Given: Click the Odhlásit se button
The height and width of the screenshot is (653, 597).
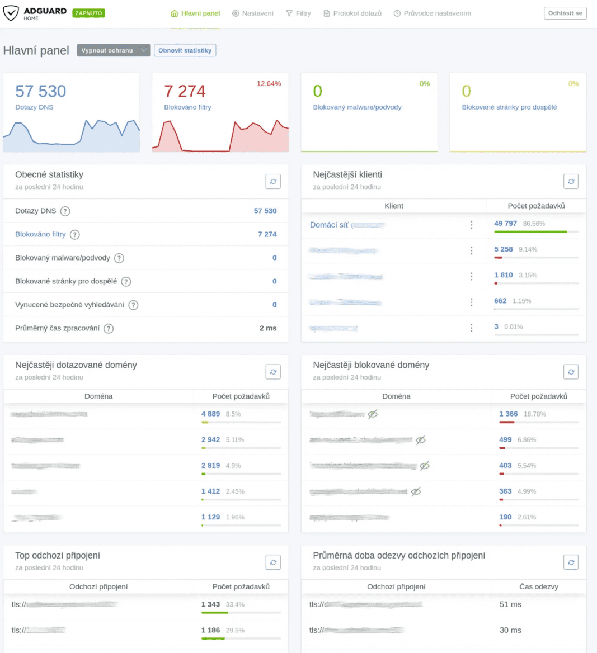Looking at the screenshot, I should pos(565,13).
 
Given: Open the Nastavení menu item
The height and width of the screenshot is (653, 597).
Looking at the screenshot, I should pos(253,13).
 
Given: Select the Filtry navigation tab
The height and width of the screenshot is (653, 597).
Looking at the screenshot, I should pos(298,13).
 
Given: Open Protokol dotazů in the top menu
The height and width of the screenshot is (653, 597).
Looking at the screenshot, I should pos(352,13).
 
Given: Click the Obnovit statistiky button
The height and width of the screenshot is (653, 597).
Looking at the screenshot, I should pos(185,50).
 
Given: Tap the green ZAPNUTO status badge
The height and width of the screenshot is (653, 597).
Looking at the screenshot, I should pos(88,13).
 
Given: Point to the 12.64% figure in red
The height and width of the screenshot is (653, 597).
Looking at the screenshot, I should pos(269,84).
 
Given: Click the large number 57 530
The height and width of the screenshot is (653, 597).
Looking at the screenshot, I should pos(41,91).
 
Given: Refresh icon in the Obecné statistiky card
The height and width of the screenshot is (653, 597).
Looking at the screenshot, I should pos(273,182).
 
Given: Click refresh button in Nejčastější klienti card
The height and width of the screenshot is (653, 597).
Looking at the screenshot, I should pos(571,182).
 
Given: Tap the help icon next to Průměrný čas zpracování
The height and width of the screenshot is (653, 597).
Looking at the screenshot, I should pos(109,329).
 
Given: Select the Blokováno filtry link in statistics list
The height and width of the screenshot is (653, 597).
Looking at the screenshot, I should pos(40,234).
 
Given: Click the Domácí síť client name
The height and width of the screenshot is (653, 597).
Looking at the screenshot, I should pos(329,225).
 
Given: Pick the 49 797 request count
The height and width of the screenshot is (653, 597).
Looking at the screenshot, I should pos(505,224).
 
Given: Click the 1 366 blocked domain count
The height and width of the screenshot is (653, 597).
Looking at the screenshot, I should pos(509,414).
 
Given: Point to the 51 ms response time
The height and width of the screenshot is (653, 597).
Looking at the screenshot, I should pos(510,604).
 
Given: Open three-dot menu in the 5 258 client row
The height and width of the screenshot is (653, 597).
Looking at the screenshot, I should pos(471,250).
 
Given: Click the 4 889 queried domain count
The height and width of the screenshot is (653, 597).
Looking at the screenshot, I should pos(211,414).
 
